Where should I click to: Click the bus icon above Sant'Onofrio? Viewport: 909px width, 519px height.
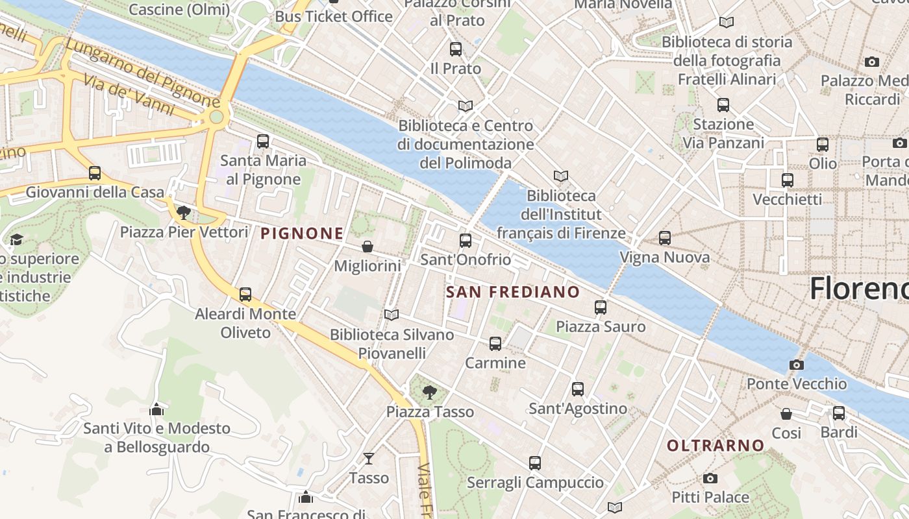point(465,241)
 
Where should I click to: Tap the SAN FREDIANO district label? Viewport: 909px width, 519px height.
point(513,292)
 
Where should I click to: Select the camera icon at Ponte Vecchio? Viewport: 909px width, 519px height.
point(796,365)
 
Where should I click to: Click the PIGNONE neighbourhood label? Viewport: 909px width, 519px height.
point(302,234)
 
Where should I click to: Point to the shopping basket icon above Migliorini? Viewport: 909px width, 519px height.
point(367,247)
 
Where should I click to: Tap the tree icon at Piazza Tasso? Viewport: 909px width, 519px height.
point(429,392)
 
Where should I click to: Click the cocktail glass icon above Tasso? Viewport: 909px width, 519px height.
point(369,459)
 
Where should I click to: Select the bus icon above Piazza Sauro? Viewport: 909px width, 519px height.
point(601,307)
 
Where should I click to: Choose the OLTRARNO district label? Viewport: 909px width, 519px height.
point(716,446)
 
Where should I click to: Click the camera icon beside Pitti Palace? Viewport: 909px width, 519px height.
point(710,479)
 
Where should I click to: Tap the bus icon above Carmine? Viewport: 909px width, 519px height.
point(495,343)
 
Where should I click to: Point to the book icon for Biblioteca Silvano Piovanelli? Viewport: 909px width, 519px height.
point(391,315)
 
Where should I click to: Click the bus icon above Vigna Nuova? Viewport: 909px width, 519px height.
point(664,238)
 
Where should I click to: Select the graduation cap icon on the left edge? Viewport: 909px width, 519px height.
point(16,239)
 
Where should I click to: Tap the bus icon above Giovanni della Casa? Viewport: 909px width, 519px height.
point(95,173)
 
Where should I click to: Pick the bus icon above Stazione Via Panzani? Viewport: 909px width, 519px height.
point(723,104)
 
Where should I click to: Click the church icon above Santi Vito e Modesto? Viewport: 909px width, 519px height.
point(156,409)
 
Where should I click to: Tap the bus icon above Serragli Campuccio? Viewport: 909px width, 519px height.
point(535,463)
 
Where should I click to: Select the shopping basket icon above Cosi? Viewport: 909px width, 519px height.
point(786,414)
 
